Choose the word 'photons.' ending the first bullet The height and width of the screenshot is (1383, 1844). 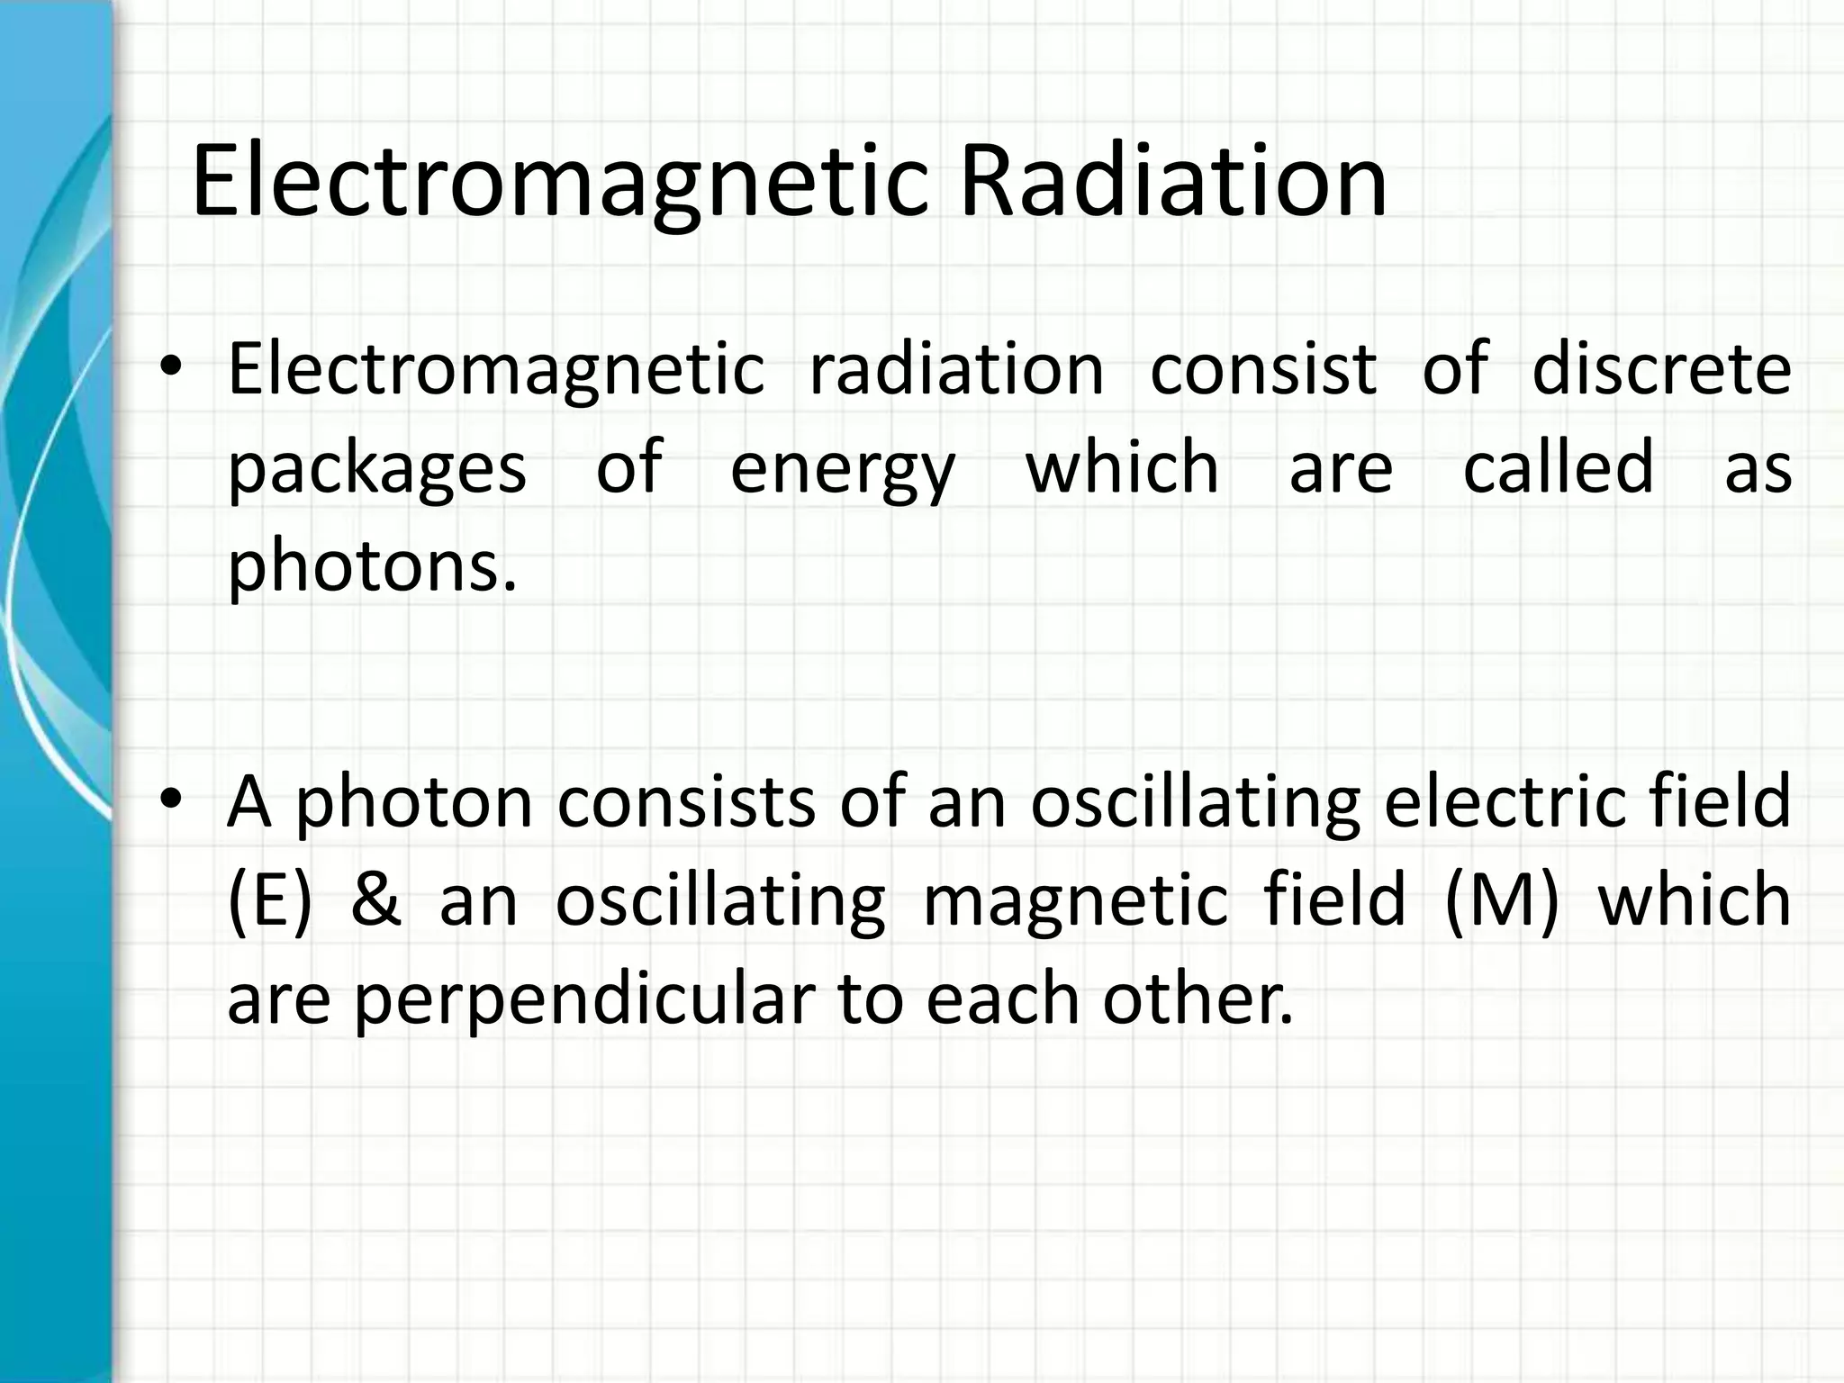click(x=373, y=567)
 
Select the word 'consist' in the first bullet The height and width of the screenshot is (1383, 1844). click(x=1263, y=368)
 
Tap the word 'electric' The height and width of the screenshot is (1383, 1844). click(x=1509, y=800)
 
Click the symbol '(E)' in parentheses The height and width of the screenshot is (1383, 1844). click(x=270, y=899)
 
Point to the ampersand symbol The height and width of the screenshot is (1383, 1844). click(x=375, y=899)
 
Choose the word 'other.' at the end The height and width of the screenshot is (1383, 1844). click(x=1198, y=999)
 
